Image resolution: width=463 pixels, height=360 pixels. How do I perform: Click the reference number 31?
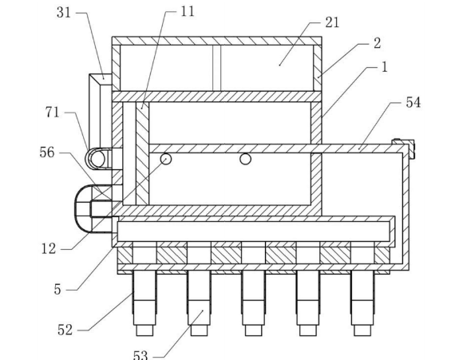tap(64, 13)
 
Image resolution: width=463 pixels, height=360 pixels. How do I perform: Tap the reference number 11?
tap(188, 11)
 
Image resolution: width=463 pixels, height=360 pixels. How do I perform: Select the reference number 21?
tap(332, 22)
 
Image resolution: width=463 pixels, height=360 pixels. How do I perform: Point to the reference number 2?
tap(377, 43)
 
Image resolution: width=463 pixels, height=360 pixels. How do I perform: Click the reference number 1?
tap(384, 67)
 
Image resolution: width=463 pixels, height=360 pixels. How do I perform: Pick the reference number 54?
tap(413, 102)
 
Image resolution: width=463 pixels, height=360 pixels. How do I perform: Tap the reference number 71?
tap(53, 113)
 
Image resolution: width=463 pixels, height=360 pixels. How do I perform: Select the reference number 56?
tap(47, 152)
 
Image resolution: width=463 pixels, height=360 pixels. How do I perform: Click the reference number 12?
tap(49, 249)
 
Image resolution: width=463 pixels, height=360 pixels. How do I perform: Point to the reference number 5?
tap(57, 290)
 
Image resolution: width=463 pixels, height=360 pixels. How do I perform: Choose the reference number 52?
tap(65, 330)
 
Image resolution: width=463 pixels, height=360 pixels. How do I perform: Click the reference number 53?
tap(140, 355)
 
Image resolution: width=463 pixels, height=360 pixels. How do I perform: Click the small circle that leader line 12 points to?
tap(166, 159)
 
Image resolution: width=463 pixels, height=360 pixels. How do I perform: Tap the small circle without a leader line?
tap(245, 159)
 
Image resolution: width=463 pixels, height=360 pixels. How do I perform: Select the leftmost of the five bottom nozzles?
tap(144, 303)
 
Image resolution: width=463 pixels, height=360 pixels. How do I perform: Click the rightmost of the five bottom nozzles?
tap(362, 303)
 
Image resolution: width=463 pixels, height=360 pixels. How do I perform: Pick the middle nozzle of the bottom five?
tap(253, 303)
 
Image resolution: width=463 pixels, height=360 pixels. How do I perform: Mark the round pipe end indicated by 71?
tap(97, 159)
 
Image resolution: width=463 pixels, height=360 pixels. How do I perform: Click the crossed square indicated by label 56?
tap(101, 192)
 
